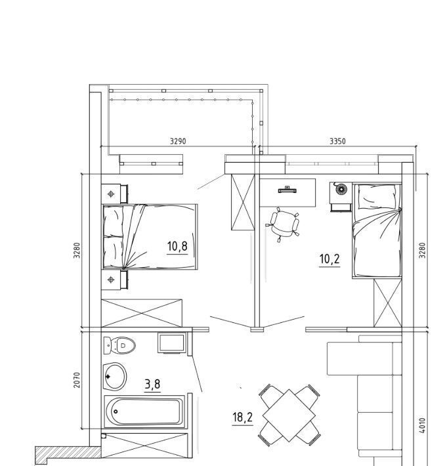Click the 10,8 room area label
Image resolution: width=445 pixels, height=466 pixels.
(x=177, y=246)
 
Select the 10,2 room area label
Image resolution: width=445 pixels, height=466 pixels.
(x=329, y=259)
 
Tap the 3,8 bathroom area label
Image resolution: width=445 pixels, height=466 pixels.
(x=152, y=384)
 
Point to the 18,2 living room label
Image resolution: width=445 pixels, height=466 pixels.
(x=243, y=417)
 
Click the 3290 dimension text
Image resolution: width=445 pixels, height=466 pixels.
(x=178, y=141)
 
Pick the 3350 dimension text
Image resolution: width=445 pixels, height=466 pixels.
(x=338, y=141)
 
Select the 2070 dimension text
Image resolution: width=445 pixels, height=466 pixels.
(x=77, y=380)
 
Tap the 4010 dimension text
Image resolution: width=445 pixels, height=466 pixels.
(x=423, y=425)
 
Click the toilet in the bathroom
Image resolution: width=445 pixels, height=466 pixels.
(x=119, y=345)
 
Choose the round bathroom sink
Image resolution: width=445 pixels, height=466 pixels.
(x=115, y=377)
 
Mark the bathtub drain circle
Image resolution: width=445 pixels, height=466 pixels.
(x=116, y=412)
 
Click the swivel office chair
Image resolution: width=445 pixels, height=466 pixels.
(x=283, y=224)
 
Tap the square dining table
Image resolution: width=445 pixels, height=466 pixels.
(x=289, y=415)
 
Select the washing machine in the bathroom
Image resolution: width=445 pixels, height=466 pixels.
(x=172, y=343)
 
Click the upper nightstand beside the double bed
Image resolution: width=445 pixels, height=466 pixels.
(x=115, y=194)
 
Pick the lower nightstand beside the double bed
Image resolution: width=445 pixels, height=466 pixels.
(x=115, y=280)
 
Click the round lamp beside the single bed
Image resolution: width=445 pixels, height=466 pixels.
(x=341, y=188)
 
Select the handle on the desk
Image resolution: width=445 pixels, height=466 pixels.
(x=287, y=190)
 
